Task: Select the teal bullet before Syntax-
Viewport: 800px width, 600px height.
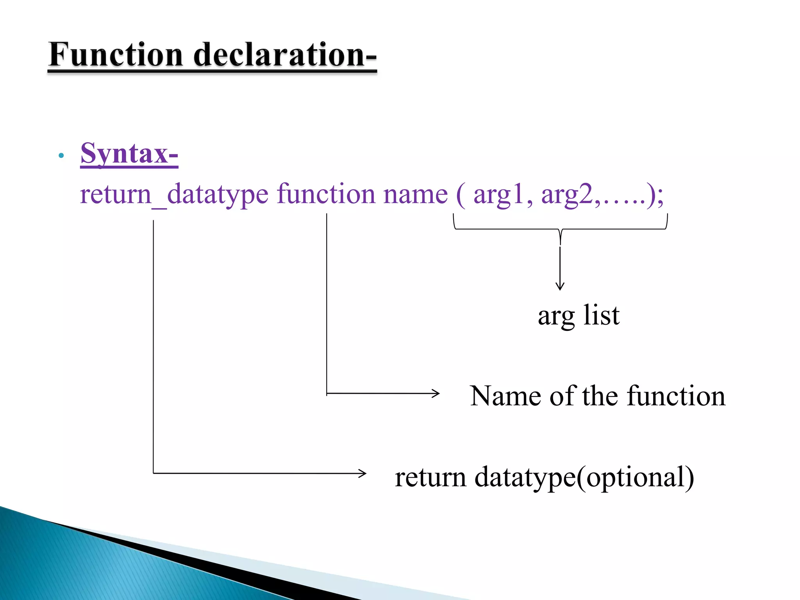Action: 61,156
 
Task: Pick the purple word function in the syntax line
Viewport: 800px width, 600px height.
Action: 326,194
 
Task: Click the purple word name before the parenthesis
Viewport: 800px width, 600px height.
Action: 415,194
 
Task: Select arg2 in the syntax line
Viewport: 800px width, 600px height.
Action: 567,195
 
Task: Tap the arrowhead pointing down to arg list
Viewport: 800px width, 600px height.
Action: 560,287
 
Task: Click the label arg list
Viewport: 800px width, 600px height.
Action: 579,316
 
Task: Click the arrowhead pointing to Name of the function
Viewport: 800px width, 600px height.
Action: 436,393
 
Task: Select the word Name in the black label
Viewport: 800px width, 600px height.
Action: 505,396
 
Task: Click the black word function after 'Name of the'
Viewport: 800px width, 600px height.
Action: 676,396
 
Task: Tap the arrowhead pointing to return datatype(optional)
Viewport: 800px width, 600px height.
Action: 363,473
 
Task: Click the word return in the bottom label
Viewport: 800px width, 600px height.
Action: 430,477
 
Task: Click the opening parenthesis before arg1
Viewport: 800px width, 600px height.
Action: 461,195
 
